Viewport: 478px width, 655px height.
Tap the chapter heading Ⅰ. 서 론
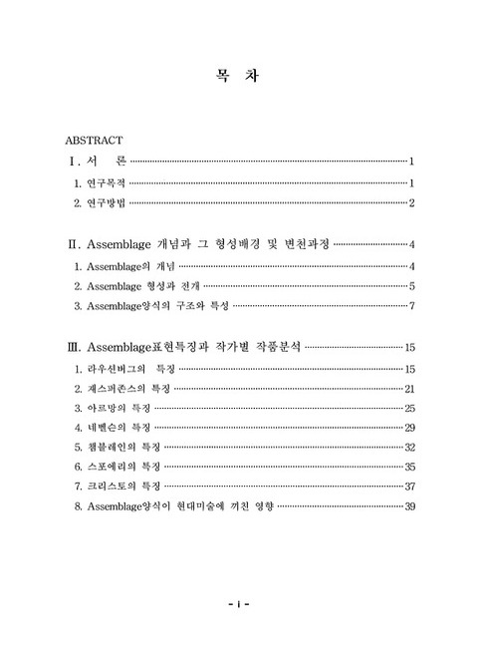click(x=96, y=162)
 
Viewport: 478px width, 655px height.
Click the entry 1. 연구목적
click(x=101, y=183)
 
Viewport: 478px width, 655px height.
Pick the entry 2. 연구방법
click(x=101, y=204)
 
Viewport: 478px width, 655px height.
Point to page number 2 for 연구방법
click(x=411, y=204)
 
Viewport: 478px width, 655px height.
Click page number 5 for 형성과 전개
click(x=411, y=287)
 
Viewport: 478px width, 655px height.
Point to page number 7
click(x=411, y=306)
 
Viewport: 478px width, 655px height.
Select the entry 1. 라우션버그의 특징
click(x=122, y=371)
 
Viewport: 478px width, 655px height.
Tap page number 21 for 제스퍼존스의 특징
click(x=409, y=390)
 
